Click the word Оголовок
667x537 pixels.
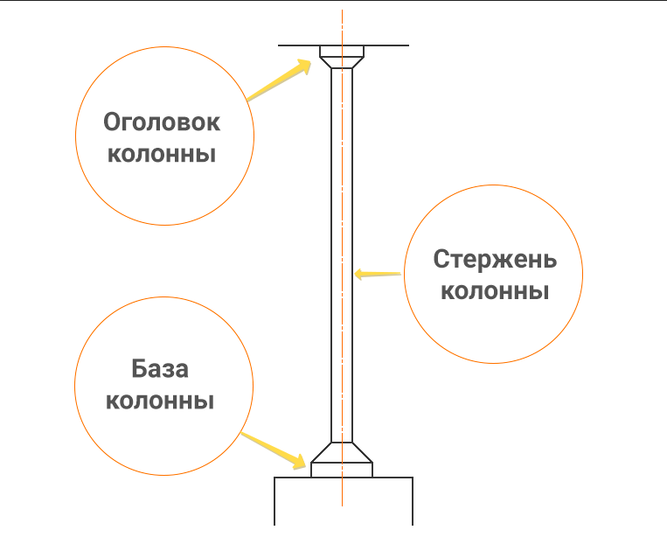pos(163,122)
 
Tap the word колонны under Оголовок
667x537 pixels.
pos(161,156)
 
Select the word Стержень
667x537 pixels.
pos(494,260)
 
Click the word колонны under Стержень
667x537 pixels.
pos(494,290)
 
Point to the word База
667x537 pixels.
pos(161,368)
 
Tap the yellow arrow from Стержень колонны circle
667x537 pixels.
pos(378,275)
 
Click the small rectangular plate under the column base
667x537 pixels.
pos(342,470)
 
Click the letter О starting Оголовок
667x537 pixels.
pos(112,122)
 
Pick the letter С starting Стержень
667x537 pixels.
pos(441,260)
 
